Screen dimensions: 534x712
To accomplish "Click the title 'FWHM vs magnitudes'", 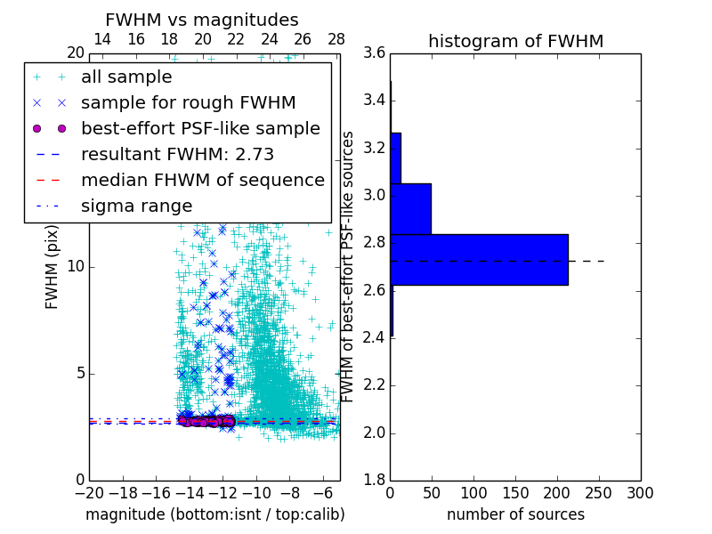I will [x=202, y=20].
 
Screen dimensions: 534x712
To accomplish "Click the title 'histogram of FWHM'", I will [x=515, y=41].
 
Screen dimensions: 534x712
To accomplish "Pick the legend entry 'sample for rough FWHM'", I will [x=188, y=102].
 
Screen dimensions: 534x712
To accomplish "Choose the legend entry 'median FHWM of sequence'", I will [x=202, y=180].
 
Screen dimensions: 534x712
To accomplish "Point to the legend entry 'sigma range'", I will [x=136, y=206].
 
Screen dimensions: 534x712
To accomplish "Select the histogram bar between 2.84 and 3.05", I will [x=410, y=209].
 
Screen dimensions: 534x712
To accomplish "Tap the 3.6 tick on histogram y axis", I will [x=375, y=53].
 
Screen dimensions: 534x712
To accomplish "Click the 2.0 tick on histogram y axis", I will [x=375, y=433].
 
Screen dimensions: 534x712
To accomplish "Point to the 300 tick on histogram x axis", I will [x=640, y=492].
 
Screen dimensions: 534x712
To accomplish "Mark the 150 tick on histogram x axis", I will [x=515, y=492].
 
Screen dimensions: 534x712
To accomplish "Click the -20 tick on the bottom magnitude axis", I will [x=89, y=492].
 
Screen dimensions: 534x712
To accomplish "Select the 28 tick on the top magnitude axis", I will [x=336, y=39].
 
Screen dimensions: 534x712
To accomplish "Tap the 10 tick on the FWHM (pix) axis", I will [x=76, y=266].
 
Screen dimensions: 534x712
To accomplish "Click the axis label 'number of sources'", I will [x=515, y=514].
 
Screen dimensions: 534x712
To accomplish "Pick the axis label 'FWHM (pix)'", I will [x=53, y=266].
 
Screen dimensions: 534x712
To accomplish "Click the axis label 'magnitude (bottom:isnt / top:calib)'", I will [x=214, y=514].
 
